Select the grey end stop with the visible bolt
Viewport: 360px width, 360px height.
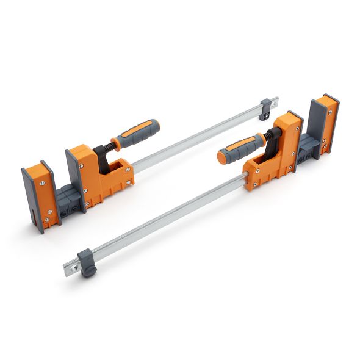tap(266, 109)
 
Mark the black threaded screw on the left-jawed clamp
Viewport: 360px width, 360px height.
tap(110, 145)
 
